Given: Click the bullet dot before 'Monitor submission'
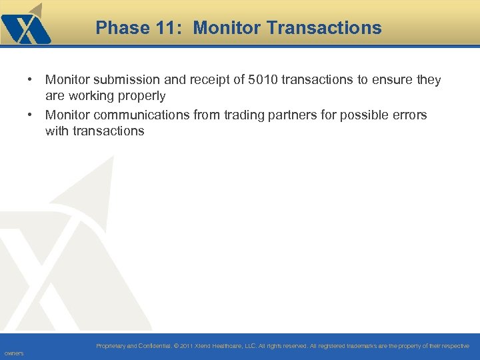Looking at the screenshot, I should click(31, 80).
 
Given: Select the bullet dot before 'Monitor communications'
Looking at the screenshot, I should click(31, 115).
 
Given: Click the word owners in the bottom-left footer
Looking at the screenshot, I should click(13, 353).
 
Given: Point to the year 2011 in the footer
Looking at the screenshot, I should click(185, 346).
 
